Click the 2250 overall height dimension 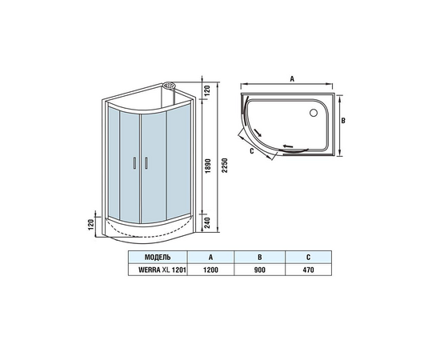point(224,166)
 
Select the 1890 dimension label point(208,166)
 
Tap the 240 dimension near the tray point(208,223)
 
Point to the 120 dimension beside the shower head point(207,90)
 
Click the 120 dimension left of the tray point(91,225)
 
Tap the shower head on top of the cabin point(169,85)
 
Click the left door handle point(134,163)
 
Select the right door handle point(146,163)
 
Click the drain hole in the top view point(314,113)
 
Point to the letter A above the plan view point(292,79)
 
